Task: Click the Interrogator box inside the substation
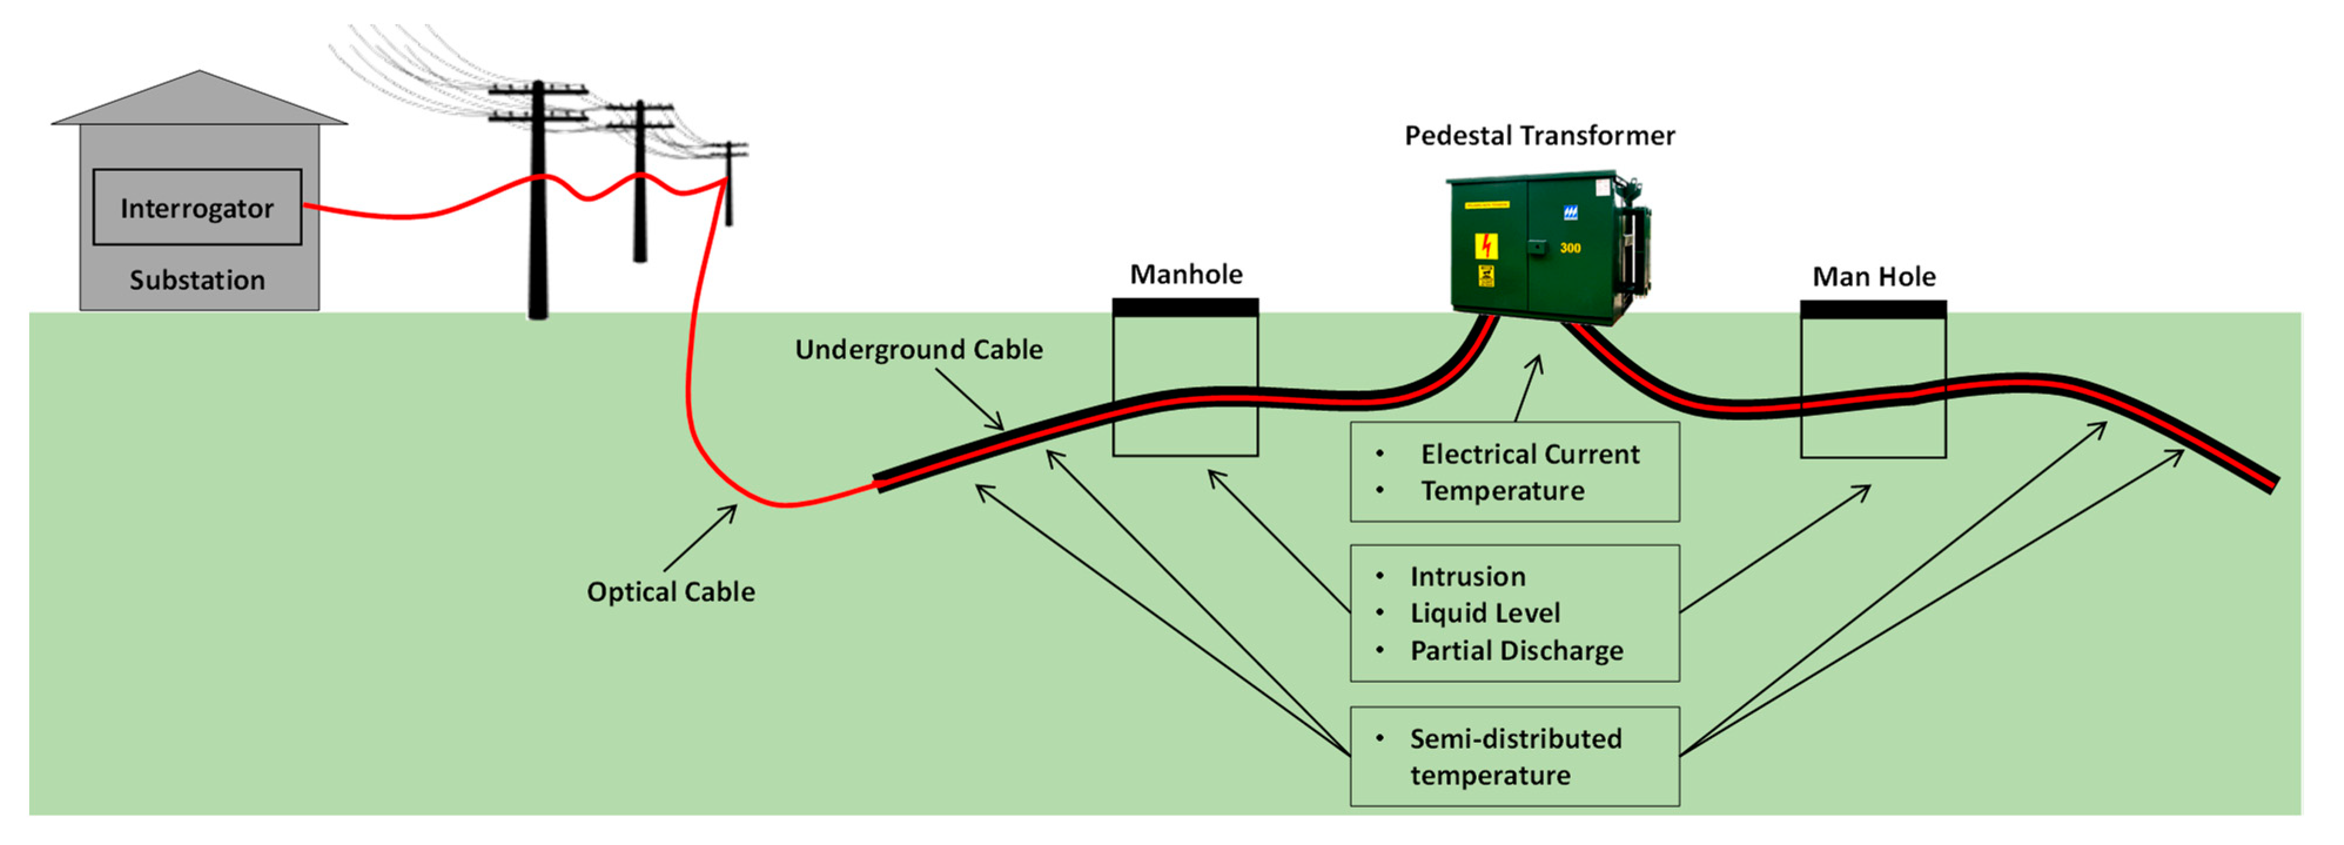pyautogui.click(x=197, y=207)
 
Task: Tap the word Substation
pyautogui.click(x=197, y=280)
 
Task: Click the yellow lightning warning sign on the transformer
pyautogui.click(x=1486, y=245)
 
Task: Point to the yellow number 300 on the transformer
pyautogui.click(x=1570, y=247)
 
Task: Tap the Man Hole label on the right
pyautogui.click(x=1873, y=277)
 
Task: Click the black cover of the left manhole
pyautogui.click(x=1185, y=308)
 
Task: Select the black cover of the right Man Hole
pyautogui.click(x=1873, y=310)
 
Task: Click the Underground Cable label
pyautogui.click(x=918, y=349)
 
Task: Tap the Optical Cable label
pyautogui.click(x=671, y=592)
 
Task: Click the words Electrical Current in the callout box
pyautogui.click(x=1530, y=454)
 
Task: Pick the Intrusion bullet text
pyautogui.click(x=1467, y=577)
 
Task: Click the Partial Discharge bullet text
pyautogui.click(x=1516, y=651)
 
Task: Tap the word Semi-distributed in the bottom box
pyautogui.click(x=1515, y=739)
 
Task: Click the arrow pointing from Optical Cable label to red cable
pyautogui.click(x=701, y=538)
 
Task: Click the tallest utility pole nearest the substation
pyautogui.click(x=539, y=209)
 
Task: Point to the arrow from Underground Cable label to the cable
pyautogui.click(x=970, y=400)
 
